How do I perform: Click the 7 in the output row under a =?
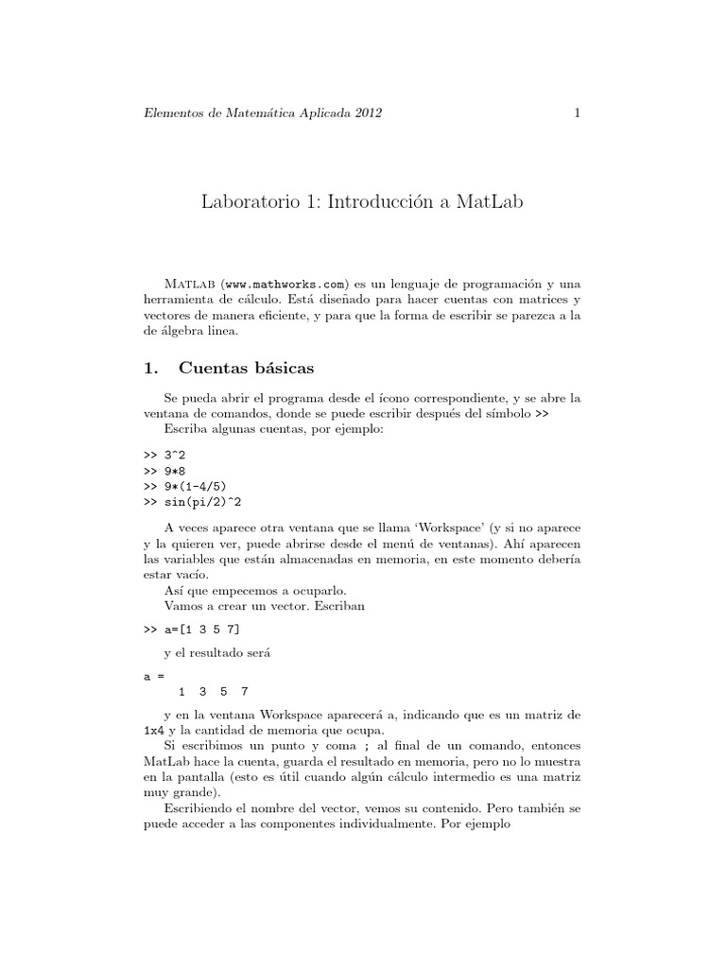click(x=245, y=691)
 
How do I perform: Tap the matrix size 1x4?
click(x=152, y=731)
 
